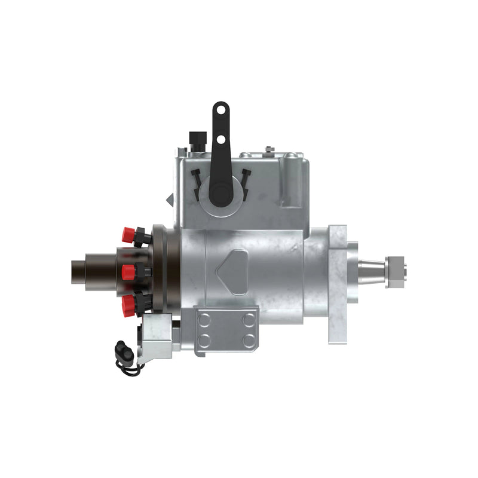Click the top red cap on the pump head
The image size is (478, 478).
point(127,235)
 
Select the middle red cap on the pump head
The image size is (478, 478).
point(128,272)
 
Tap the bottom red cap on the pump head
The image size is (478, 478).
point(128,305)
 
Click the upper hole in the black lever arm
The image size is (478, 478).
point(220,109)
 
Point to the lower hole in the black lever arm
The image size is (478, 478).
point(221,139)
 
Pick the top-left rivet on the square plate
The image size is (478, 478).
point(204,320)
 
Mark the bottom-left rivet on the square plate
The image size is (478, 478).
point(204,342)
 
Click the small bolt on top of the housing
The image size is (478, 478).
point(270,149)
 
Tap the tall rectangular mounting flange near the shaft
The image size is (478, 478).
point(337,284)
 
